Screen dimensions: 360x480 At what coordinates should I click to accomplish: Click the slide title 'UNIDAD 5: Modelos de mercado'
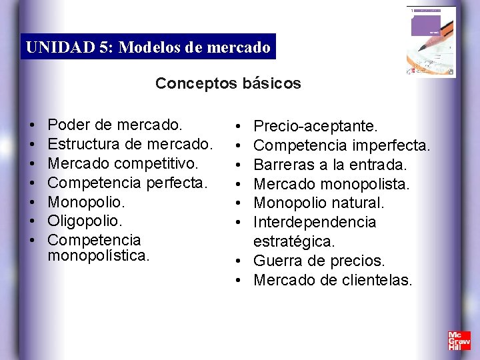(x=148, y=47)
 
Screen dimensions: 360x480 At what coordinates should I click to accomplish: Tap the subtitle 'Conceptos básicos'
(x=228, y=83)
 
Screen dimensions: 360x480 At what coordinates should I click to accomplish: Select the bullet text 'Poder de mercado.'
(x=115, y=125)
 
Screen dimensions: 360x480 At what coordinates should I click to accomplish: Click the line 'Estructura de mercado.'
(x=131, y=143)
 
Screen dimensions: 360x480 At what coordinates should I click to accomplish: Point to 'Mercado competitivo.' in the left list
(x=123, y=163)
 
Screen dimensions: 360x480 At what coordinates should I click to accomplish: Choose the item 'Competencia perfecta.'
(x=128, y=182)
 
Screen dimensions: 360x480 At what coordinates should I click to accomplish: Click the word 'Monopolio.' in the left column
(x=87, y=201)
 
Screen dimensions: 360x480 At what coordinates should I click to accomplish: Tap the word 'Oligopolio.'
(x=86, y=220)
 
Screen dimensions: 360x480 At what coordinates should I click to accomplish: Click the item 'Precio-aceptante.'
(x=316, y=126)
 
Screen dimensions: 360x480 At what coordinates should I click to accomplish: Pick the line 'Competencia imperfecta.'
(x=342, y=145)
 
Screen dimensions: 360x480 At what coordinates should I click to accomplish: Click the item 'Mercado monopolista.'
(x=332, y=183)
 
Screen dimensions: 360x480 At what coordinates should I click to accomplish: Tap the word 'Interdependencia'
(x=315, y=222)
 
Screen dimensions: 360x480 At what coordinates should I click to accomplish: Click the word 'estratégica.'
(x=295, y=241)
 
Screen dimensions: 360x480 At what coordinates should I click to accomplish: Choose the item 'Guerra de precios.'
(x=319, y=261)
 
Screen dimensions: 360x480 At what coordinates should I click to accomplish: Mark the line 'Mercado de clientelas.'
(x=333, y=280)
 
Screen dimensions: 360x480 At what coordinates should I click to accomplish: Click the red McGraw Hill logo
(x=459, y=341)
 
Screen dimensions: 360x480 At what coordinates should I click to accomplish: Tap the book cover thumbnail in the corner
(x=431, y=41)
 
